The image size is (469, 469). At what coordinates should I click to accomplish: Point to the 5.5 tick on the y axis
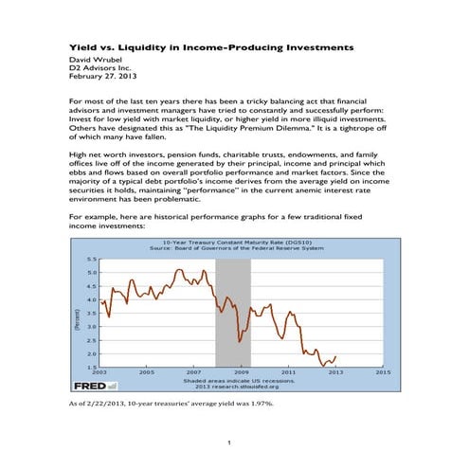click(x=91, y=259)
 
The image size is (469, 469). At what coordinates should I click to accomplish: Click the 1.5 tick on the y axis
click(x=91, y=367)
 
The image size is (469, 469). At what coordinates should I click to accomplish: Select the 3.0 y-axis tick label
click(x=91, y=326)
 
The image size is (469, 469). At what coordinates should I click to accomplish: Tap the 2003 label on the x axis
click(x=98, y=373)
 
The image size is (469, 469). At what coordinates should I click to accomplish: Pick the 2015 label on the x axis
click(x=383, y=373)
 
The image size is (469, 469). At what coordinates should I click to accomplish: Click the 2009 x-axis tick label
click(x=241, y=373)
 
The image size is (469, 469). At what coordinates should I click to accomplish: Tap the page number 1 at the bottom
click(x=229, y=443)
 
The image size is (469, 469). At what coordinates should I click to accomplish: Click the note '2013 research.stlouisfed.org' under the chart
click(x=237, y=387)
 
